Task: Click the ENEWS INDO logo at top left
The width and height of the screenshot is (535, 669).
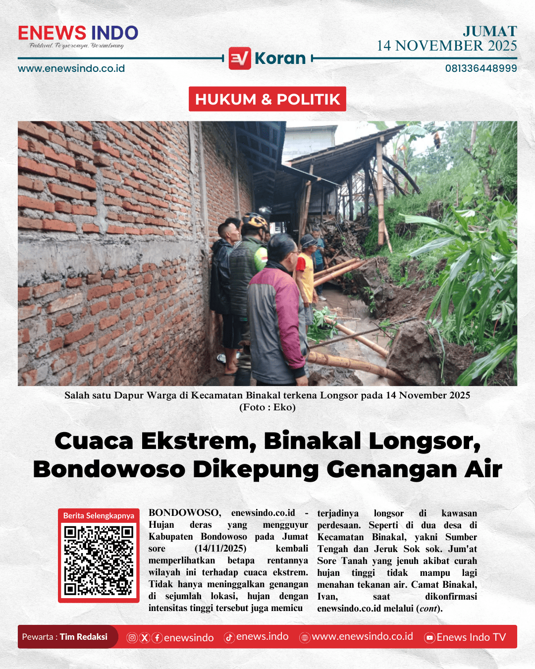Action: tap(78, 34)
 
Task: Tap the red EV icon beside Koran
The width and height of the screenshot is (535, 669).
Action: tap(240, 58)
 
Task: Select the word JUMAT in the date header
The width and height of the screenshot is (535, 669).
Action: tap(490, 31)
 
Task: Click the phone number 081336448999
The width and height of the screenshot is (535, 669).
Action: tap(481, 68)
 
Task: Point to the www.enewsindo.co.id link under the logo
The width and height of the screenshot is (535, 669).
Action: tap(71, 68)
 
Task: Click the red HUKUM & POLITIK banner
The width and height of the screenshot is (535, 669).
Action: tap(267, 99)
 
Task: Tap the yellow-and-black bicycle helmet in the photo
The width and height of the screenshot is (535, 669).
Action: tap(255, 221)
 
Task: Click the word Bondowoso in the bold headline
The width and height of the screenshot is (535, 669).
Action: tap(109, 469)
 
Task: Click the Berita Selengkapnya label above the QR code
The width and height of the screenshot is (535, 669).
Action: tap(99, 515)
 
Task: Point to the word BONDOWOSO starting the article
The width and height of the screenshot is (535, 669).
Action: tap(184, 513)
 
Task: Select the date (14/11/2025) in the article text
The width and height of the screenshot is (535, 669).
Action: tap(220, 549)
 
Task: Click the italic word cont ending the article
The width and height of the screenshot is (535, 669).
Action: tap(428, 609)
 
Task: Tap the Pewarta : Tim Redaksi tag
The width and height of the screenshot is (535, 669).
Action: tap(65, 637)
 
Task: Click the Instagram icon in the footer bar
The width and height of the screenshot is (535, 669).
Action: tap(132, 638)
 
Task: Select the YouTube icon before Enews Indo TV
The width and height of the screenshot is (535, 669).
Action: tap(429, 638)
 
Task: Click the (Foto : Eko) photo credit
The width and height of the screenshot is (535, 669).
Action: tap(267, 407)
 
